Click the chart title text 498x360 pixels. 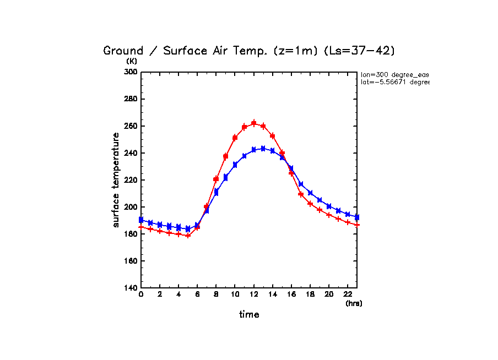(x=249, y=51)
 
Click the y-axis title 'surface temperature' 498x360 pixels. (x=116, y=179)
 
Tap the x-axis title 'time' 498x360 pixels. (x=249, y=315)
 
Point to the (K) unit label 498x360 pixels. (x=132, y=61)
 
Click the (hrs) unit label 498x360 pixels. (x=354, y=303)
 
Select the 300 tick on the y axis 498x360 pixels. (x=130, y=72)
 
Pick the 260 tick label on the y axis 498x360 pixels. (x=130, y=126)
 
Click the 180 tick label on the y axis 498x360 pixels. (x=130, y=234)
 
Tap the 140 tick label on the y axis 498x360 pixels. (x=130, y=288)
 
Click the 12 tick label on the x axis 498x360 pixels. (x=253, y=295)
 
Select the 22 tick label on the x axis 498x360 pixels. (x=348, y=295)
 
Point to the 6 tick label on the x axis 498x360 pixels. (x=197, y=295)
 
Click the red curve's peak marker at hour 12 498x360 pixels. (x=254, y=123)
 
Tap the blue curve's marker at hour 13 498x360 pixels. (x=263, y=149)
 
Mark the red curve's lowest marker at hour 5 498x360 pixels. (x=188, y=236)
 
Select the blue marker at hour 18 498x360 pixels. (x=310, y=193)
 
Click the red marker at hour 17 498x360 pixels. (x=301, y=194)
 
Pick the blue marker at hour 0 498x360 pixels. (x=141, y=220)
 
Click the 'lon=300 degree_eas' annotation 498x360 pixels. (x=394, y=74)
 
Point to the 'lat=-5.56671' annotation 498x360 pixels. (x=394, y=82)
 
